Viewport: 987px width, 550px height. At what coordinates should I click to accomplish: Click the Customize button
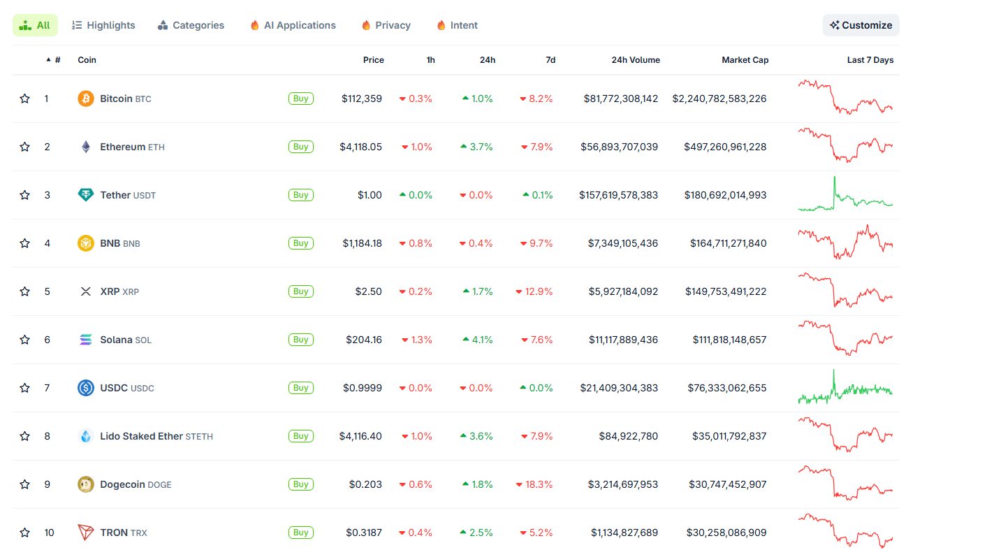(x=861, y=25)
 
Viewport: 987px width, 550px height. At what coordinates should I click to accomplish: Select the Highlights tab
(x=103, y=25)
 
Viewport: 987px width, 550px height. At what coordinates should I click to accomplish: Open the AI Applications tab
(x=293, y=25)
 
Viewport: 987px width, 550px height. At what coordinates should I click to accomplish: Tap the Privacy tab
(x=386, y=25)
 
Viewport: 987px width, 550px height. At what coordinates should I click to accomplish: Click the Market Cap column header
(x=745, y=60)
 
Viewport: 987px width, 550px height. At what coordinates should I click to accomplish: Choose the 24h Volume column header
(x=635, y=60)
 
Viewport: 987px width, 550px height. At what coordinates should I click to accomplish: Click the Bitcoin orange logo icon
(x=85, y=99)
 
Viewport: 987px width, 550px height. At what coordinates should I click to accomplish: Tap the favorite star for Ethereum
(x=25, y=147)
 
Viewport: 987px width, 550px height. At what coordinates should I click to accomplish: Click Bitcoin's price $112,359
(x=362, y=99)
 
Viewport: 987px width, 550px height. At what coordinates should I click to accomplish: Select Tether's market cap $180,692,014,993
(x=725, y=195)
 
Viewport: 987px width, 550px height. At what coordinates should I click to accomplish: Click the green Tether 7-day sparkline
(x=845, y=196)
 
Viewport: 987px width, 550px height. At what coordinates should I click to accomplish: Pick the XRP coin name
(x=110, y=291)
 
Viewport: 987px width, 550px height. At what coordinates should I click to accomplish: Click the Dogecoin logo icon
(x=85, y=484)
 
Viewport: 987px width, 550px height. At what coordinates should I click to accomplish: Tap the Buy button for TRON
(x=300, y=533)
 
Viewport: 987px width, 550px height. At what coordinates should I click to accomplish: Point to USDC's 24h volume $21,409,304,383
(x=619, y=388)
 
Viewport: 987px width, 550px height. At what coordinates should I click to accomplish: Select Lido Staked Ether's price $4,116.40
(x=360, y=436)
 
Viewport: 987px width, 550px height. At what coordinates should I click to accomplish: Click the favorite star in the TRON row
(x=25, y=533)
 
